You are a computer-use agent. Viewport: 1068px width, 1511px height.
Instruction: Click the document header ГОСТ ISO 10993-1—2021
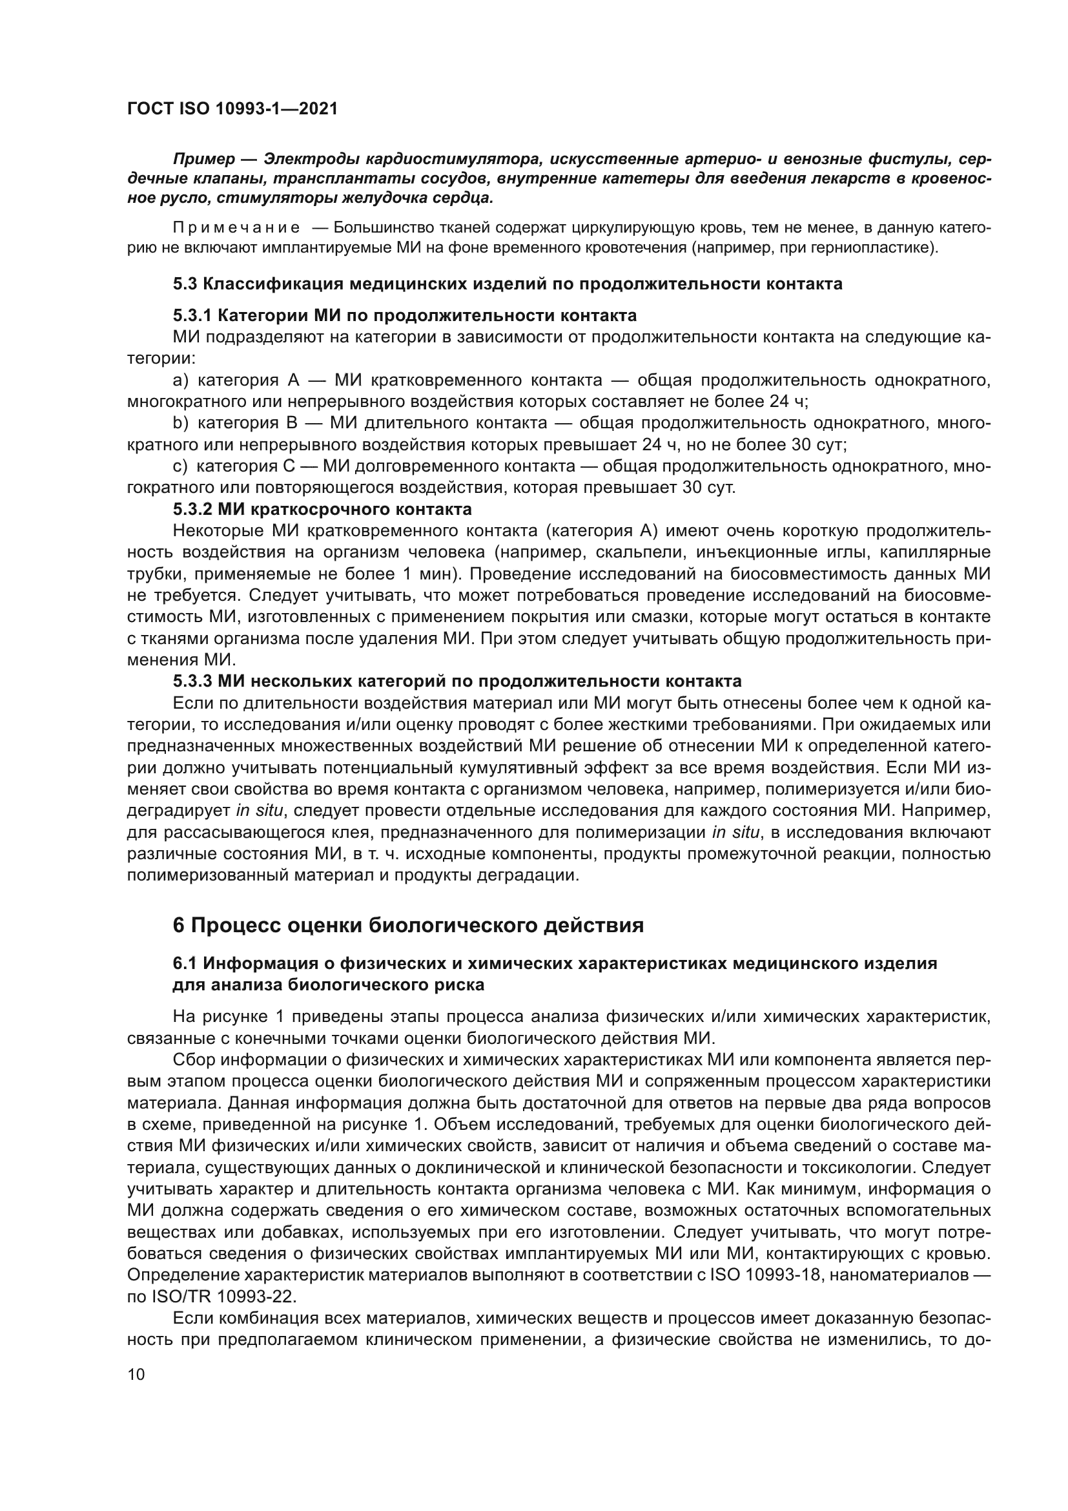232,109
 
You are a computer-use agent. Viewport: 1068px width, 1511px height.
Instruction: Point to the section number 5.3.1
192,316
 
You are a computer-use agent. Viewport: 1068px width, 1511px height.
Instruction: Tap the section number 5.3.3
192,680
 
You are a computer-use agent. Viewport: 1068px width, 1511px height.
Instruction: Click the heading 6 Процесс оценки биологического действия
407,925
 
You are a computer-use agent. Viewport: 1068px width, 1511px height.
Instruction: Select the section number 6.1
184,964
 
